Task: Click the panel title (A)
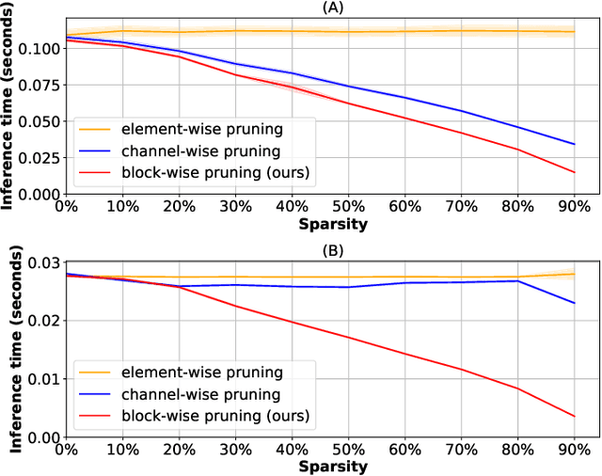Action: tap(333, 8)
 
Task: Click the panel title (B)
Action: tap(333, 250)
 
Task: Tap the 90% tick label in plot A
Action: tap(574, 207)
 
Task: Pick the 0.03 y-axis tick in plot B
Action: tap(41, 262)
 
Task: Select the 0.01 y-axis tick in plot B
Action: tap(41, 379)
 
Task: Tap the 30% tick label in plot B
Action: tap(213, 452)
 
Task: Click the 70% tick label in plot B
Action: tap(453, 452)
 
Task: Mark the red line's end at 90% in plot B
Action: tap(574, 417)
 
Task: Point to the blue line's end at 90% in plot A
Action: tap(574, 144)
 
